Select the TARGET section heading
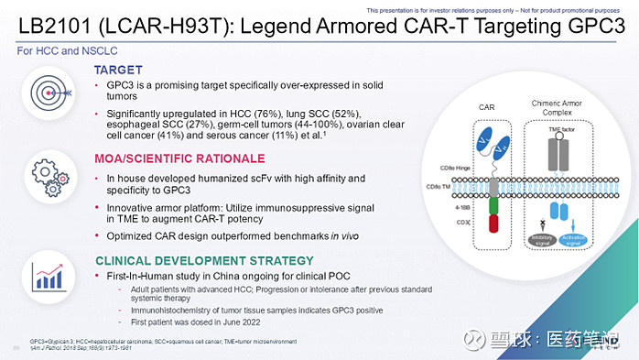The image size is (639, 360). click(119, 70)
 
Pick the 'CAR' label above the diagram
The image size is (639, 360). click(486, 107)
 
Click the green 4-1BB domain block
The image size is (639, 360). click(493, 209)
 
